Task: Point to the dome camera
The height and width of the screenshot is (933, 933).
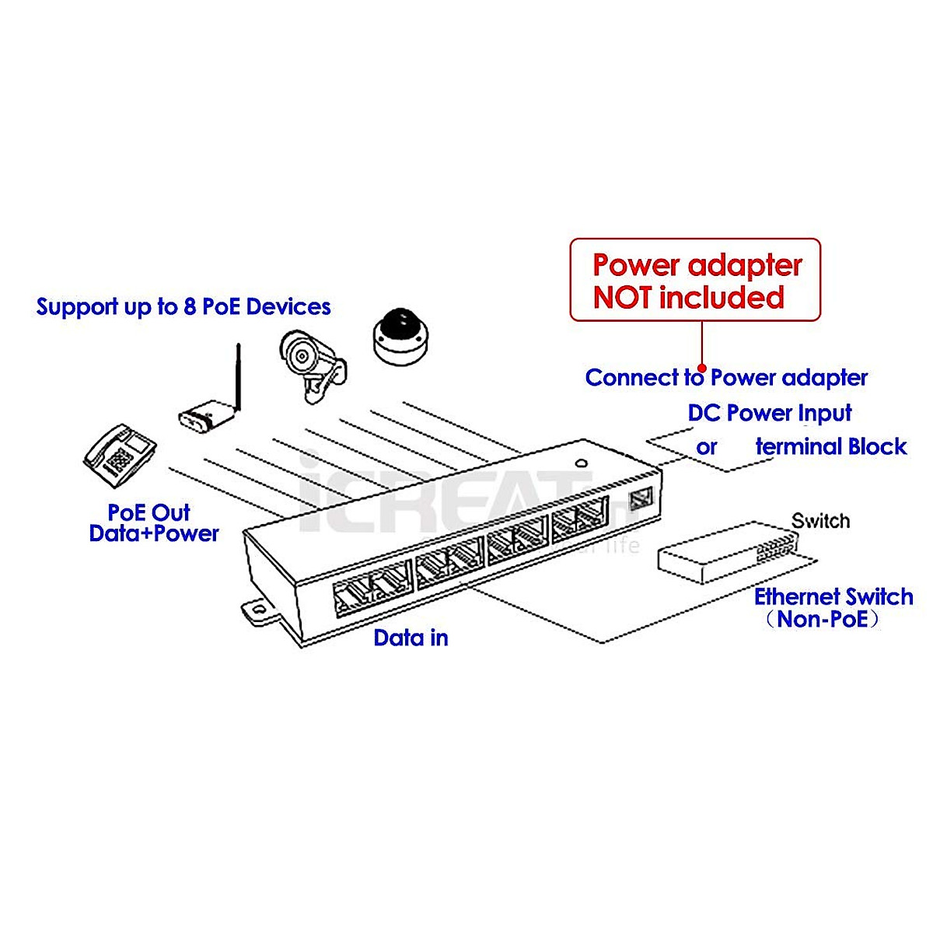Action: click(x=400, y=336)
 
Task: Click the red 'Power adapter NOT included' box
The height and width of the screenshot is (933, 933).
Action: click(x=695, y=280)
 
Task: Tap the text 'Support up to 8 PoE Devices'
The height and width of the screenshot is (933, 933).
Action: click(x=183, y=306)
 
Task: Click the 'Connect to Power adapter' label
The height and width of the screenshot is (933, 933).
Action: click(x=726, y=378)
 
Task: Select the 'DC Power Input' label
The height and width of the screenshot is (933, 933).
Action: click(x=770, y=413)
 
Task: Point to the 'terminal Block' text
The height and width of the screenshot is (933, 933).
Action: click(x=831, y=446)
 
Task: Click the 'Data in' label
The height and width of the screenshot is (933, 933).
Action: click(x=411, y=638)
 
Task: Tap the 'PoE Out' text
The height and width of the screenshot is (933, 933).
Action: click(x=149, y=512)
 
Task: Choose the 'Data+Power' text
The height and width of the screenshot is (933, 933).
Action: click(x=154, y=533)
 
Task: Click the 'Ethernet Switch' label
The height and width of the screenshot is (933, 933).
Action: click(x=833, y=596)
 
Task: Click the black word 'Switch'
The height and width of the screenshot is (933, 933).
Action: click(x=820, y=521)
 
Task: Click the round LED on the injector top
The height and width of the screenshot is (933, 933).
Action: click(x=580, y=463)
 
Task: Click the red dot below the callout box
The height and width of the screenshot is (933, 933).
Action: click(x=702, y=369)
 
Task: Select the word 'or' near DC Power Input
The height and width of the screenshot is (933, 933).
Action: click(x=706, y=447)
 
